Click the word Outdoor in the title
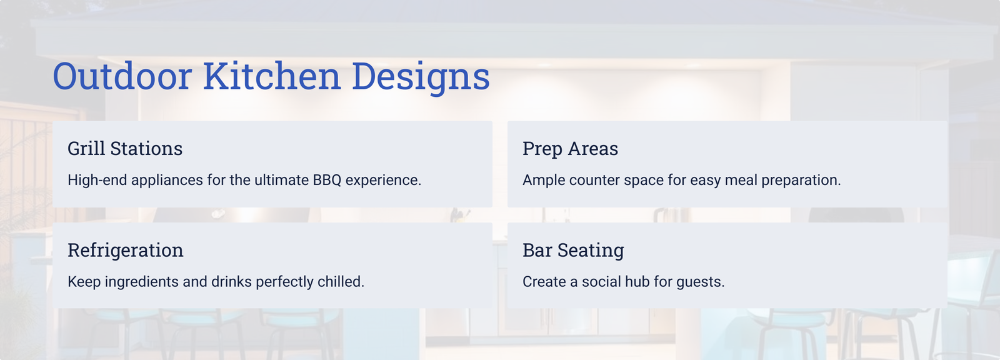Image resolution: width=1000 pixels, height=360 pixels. pyautogui.click(x=122, y=76)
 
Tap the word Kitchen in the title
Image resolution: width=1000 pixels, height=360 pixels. pyautogui.click(x=272, y=75)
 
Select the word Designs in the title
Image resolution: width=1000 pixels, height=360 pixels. pyautogui.click(x=421, y=77)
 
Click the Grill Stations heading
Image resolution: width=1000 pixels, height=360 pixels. pyautogui.click(x=125, y=148)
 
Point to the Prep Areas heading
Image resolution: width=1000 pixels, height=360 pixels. pyautogui.click(x=570, y=149)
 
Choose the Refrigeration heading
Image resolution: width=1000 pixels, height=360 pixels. pyautogui.click(x=126, y=250)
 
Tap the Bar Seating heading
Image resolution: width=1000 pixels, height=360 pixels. pyautogui.click(x=573, y=250)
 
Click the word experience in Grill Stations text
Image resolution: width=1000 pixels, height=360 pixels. pyautogui.click(x=384, y=181)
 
